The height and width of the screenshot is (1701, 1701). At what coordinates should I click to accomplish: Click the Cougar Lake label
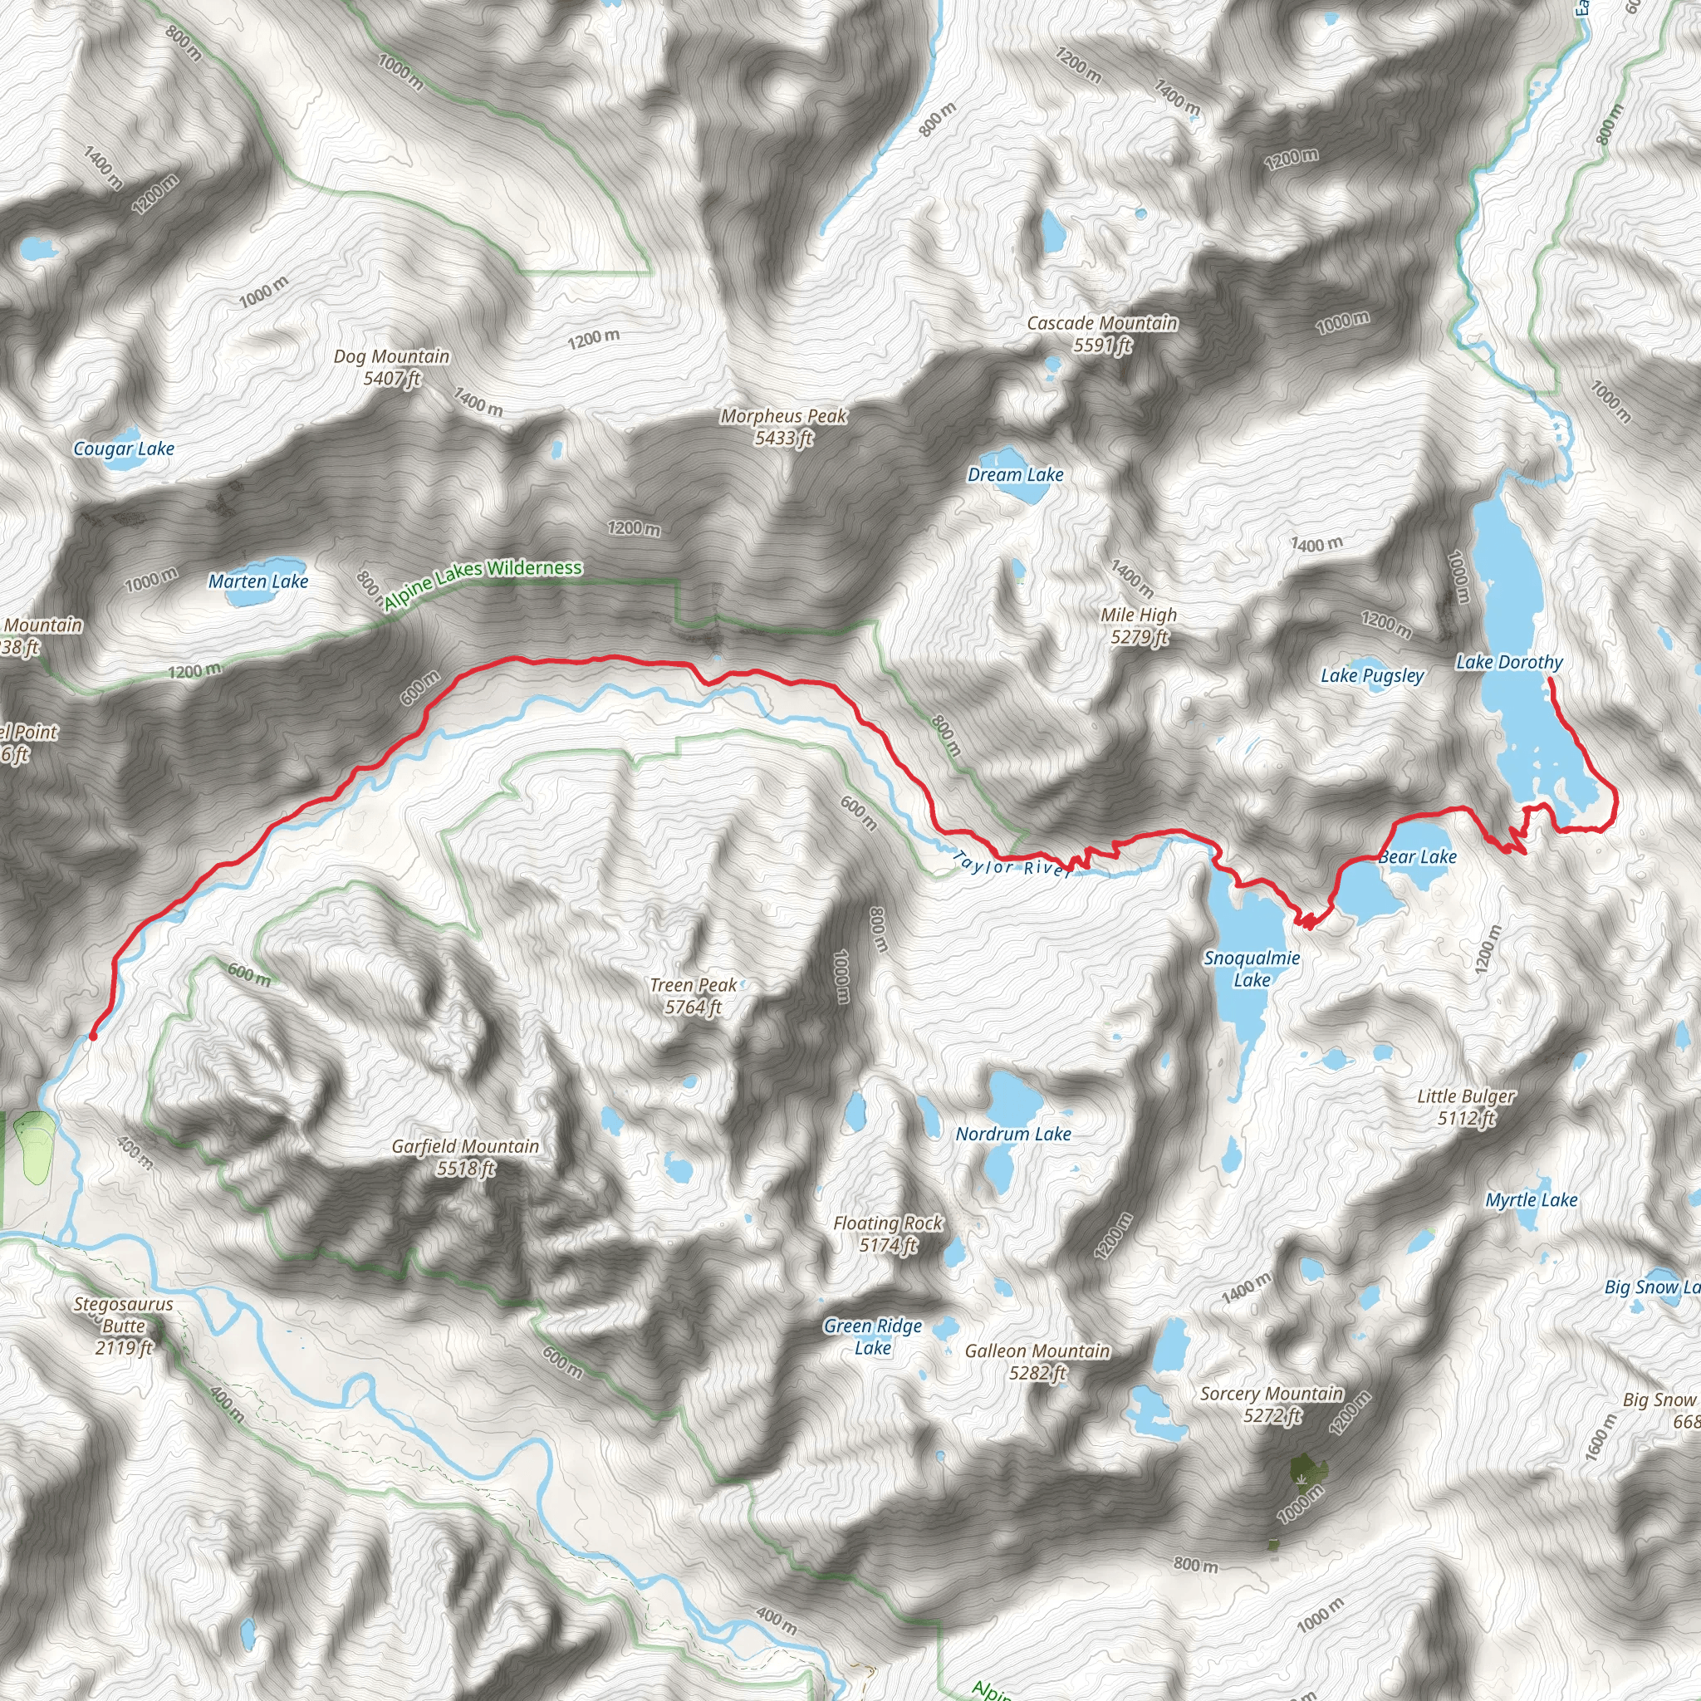pos(124,449)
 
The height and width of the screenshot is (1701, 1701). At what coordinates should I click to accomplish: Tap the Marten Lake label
pos(258,582)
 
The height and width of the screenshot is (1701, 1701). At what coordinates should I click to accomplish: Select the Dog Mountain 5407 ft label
pos(392,367)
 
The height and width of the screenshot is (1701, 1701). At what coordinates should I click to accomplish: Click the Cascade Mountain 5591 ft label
pos(1102,335)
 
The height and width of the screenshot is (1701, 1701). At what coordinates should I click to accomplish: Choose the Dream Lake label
pos(1015,475)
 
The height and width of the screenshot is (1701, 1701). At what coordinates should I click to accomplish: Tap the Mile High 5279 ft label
pos(1139,626)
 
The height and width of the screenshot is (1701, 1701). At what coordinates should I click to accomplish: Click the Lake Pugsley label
pos(1372,676)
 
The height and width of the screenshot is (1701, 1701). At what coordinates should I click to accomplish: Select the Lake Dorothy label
pos(1509,662)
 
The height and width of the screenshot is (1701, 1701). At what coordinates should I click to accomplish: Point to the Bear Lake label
pos(1418,857)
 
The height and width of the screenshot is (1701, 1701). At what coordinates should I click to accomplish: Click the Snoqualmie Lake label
pos(1252,968)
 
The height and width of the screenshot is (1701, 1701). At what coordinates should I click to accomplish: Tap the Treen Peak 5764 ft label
pos(694,996)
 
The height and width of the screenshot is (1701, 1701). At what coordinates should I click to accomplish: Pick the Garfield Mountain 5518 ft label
pos(466,1157)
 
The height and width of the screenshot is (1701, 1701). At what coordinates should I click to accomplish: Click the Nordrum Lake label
pos(1013,1134)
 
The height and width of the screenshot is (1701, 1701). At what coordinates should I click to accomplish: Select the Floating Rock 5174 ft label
pos(889,1233)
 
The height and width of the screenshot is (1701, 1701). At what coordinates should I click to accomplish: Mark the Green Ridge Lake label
pos(873,1336)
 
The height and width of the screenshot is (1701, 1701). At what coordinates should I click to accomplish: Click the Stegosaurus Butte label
pos(123,1325)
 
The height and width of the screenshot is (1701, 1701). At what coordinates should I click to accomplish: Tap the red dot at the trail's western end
pos(93,1037)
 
